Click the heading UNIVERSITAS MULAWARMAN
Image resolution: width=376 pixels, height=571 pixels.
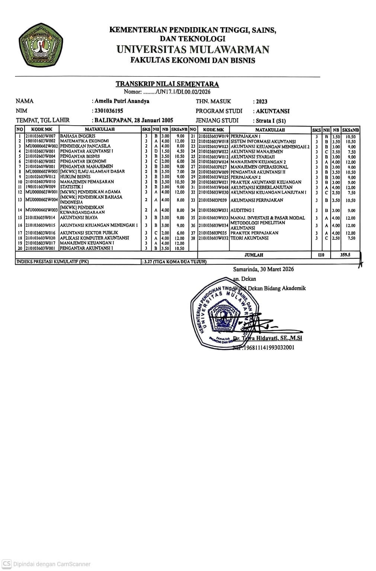point(193,49)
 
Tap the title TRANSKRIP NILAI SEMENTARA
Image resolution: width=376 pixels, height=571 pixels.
point(167,84)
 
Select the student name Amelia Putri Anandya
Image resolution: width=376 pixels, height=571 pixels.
point(122,101)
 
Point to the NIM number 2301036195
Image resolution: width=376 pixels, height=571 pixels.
point(109,111)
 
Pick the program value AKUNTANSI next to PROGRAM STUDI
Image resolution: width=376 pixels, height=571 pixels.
point(273,111)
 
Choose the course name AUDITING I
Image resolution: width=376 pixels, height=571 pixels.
point(242,210)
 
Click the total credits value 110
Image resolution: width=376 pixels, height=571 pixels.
point(321,255)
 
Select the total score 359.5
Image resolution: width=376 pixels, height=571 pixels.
point(345,255)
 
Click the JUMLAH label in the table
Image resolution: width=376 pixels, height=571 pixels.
point(254,255)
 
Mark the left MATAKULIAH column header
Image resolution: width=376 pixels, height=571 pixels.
point(100,129)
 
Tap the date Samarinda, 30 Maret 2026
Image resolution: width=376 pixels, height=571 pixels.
point(263,269)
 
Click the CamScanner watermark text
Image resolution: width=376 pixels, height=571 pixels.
point(52,564)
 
